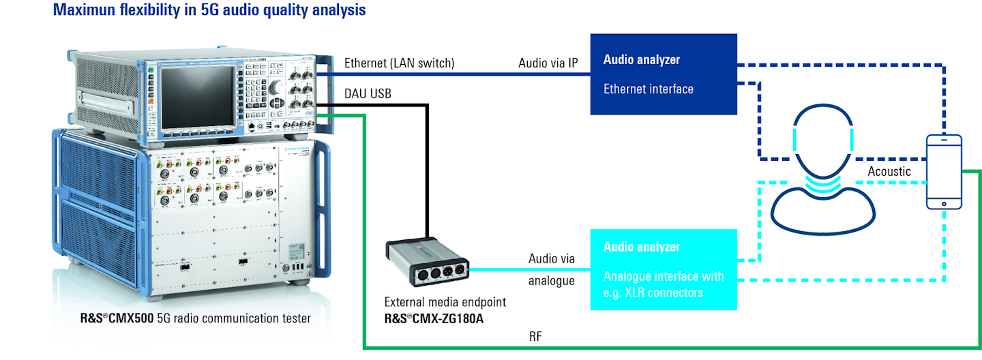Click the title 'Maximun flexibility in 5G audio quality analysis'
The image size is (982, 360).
click(x=209, y=10)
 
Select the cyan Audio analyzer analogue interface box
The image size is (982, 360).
click(x=664, y=269)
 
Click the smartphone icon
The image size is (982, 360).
click(x=944, y=171)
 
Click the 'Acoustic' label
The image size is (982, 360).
click(x=889, y=172)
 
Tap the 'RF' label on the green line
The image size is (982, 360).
click(x=535, y=336)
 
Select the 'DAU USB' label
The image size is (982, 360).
click(x=368, y=93)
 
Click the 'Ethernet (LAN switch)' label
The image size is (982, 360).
click(x=399, y=63)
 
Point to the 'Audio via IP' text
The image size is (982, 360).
click(x=548, y=63)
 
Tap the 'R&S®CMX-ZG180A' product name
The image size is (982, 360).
click(x=434, y=318)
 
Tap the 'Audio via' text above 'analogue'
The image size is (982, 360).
click(x=551, y=259)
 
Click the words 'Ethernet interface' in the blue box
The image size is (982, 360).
click(x=648, y=89)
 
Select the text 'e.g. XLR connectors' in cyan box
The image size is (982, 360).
click(x=653, y=292)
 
